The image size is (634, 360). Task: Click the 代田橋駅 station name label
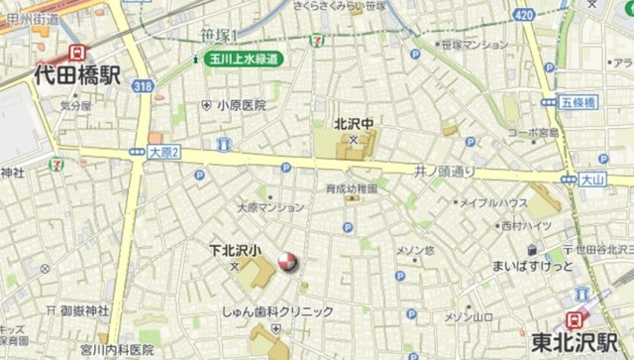tap(77, 73)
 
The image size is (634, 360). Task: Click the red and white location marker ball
tap(286, 262)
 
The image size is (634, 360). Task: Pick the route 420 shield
tap(525, 15)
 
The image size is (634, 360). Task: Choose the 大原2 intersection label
tap(163, 152)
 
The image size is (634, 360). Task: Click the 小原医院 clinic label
tap(242, 104)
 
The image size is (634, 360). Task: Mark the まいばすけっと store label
tap(533, 267)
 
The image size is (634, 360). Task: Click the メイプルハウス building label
tap(492, 202)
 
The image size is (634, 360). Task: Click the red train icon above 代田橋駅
tap(76, 53)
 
